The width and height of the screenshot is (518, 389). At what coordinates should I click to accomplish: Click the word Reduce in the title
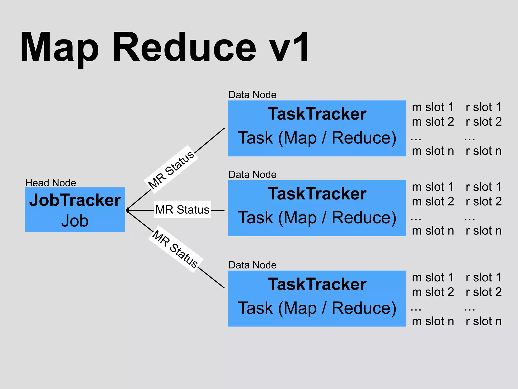click(184, 47)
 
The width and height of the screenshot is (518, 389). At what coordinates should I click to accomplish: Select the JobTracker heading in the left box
click(75, 200)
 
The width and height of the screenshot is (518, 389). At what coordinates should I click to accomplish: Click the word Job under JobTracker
click(75, 221)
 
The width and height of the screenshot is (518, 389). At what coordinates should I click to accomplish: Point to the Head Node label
click(51, 183)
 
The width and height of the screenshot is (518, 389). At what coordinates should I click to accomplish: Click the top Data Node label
click(252, 95)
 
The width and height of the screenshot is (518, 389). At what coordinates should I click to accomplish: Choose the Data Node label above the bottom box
click(252, 265)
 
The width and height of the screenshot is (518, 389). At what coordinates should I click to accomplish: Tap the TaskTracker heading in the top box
click(317, 114)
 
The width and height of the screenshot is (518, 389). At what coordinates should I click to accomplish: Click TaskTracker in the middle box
click(317, 194)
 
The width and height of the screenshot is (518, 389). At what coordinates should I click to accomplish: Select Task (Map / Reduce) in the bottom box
click(317, 308)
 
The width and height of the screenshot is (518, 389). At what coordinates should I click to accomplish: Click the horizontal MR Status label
click(182, 210)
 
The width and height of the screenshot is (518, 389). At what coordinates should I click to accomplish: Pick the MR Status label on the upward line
click(171, 169)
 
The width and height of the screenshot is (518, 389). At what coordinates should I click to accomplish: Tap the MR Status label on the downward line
click(176, 249)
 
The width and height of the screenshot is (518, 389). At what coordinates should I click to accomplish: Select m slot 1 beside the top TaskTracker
click(433, 107)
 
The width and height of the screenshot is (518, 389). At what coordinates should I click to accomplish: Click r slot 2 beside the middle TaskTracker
click(484, 202)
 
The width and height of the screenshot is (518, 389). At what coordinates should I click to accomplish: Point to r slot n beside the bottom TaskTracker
click(484, 321)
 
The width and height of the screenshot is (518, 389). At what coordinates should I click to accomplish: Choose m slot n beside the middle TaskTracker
click(433, 231)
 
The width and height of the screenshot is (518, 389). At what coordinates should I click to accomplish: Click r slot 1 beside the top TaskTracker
click(484, 107)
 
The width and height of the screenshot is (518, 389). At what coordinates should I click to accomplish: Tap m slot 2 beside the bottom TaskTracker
click(433, 292)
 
